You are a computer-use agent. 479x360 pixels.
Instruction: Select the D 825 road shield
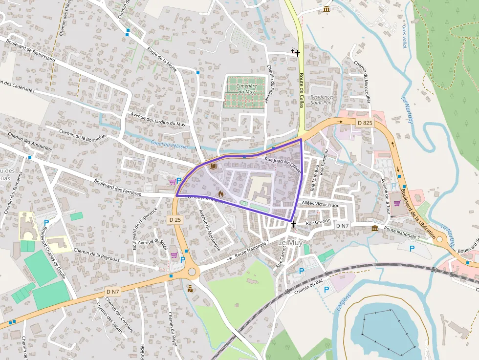coord(365,123)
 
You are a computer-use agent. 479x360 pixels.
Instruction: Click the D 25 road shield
coord(175,220)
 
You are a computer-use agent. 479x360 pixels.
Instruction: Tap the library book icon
coord(213,167)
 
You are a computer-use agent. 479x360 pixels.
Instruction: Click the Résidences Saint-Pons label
coord(322,100)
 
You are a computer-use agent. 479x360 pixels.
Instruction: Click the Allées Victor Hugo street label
coord(321,205)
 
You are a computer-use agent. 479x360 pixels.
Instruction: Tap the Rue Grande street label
coord(318,223)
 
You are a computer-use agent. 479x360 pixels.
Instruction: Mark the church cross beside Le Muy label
coord(293,225)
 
